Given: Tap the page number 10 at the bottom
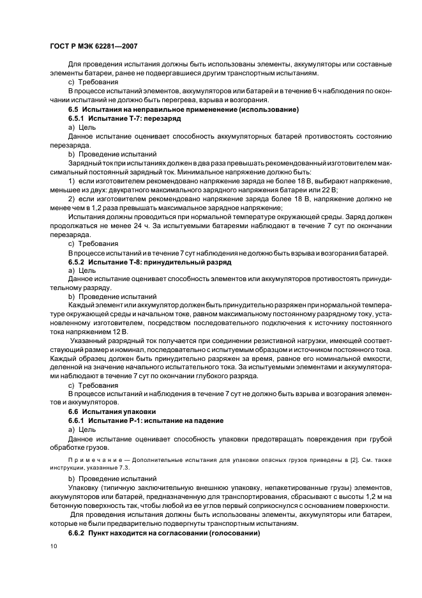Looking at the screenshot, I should [53, 546].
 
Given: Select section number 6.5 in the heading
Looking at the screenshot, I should [74, 111].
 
